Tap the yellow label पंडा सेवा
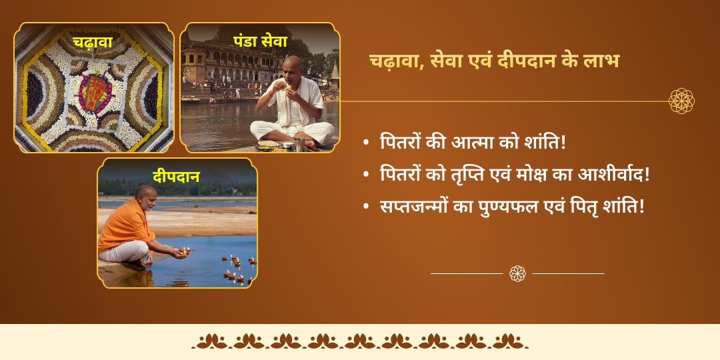coord(260,41)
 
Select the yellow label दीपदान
coord(176,177)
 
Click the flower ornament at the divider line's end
coord(681,101)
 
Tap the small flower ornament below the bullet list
coord(517,273)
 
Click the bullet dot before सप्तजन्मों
coord(366,207)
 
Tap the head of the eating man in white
coord(291,67)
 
